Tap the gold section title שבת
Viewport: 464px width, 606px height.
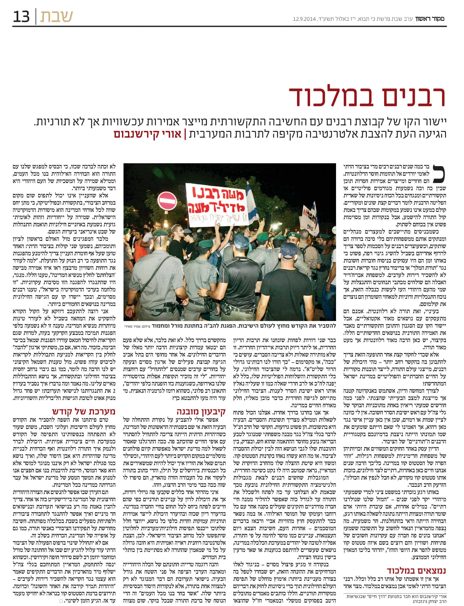point(56,17)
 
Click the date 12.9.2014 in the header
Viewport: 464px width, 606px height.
point(304,19)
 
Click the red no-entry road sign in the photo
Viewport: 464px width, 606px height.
point(167,199)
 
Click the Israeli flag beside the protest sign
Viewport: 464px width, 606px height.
point(251,200)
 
